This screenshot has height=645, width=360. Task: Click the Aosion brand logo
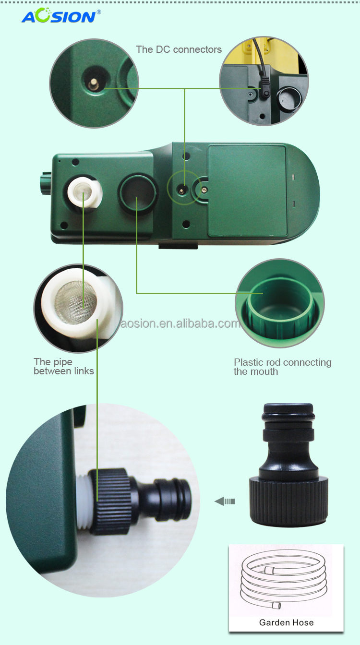61,15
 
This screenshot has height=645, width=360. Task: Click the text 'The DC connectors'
179,49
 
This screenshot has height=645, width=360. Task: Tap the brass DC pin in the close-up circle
93,84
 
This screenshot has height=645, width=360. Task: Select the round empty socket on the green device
138,194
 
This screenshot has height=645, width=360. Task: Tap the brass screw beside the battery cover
204,190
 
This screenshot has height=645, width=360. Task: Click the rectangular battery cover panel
248,191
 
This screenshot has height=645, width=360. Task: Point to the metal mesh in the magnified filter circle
76,303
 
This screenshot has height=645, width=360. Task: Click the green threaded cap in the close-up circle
281,308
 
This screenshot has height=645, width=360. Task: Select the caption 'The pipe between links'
64,366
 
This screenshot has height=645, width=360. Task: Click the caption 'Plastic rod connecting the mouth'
283,367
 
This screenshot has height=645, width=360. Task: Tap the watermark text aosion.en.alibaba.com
180,323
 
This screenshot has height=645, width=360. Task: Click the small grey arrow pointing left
225,502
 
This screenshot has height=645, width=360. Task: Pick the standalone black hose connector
288,465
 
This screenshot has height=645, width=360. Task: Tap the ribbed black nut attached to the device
109,501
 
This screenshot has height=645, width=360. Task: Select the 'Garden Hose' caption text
286,622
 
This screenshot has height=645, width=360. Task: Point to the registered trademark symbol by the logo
99,12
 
